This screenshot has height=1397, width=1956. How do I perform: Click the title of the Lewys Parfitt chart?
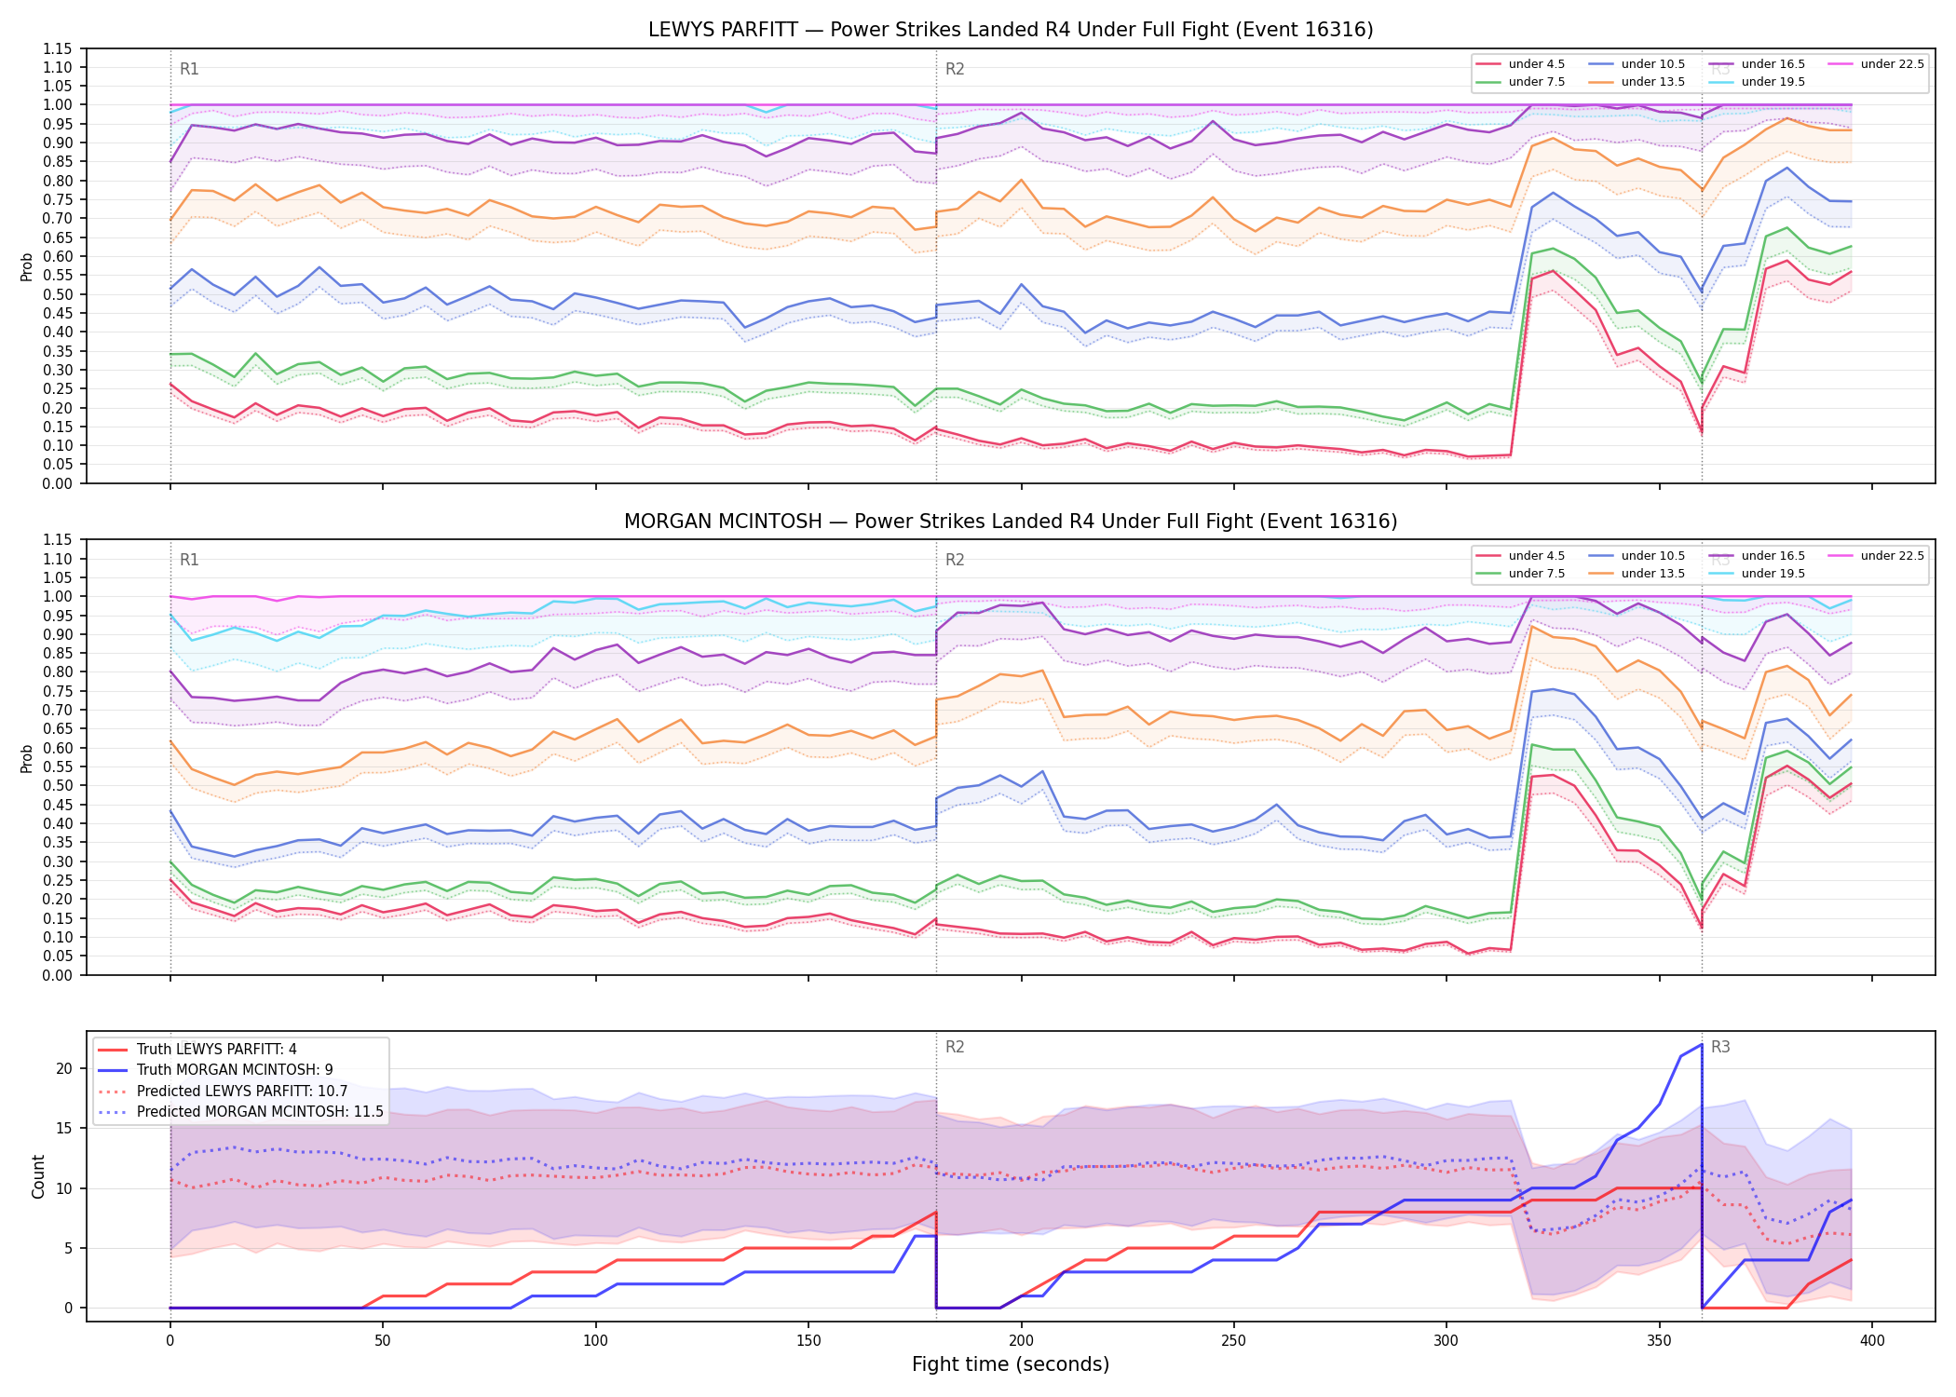tap(1011, 30)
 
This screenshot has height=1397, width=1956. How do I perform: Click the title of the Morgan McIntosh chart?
tap(1011, 522)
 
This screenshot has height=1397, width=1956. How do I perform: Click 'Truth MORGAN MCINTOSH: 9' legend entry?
tap(235, 1070)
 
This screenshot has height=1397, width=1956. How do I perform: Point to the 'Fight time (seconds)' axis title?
tap(1011, 1364)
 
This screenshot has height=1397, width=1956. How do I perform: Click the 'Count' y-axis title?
tap(38, 1176)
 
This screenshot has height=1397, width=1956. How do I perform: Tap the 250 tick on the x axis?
tap(1234, 1341)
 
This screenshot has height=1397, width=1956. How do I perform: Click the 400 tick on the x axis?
tap(1872, 1341)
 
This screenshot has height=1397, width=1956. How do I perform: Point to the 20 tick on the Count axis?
tap(64, 1068)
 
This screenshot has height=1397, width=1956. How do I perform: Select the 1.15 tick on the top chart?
tap(57, 48)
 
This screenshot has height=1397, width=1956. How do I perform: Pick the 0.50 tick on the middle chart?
tap(57, 785)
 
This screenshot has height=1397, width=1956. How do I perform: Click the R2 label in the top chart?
tap(955, 69)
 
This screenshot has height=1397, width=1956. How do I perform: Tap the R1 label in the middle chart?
tap(189, 560)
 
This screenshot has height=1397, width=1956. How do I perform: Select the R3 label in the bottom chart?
tap(1720, 1047)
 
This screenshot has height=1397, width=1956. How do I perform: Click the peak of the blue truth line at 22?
tap(1702, 1044)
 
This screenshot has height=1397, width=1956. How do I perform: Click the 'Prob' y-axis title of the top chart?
tap(27, 267)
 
